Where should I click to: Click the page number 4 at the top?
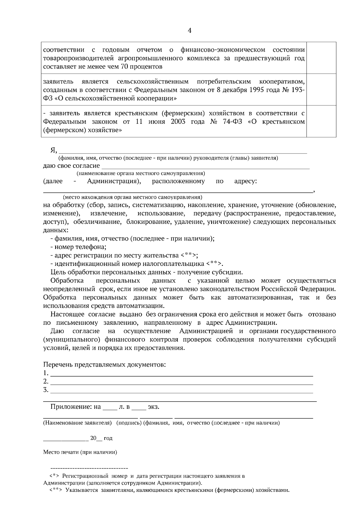pyautogui.click(x=189, y=31)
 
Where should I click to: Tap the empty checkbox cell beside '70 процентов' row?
pyautogui.click(x=321, y=58)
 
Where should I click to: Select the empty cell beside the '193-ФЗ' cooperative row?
pyautogui.click(x=321, y=89)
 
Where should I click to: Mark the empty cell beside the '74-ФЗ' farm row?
pyautogui.click(x=321, y=121)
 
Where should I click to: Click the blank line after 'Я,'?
pyautogui.click(x=183, y=151)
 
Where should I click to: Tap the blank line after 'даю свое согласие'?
pyautogui.click(x=205, y=166)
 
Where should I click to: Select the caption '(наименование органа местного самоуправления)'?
pyautogui.click(x=141, y=173)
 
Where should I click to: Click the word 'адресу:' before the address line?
pyautogui.click(x=246, y=181)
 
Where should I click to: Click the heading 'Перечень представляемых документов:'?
pyautogui.click(x=105, y=365)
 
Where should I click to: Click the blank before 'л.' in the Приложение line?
pyautogui.click(x=110, y=408)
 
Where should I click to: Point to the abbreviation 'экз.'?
pyautogui.click(x=153, y=407)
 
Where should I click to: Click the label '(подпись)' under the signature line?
pyautogui.click(x=129, y=423)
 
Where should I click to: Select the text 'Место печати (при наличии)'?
pyautogui.click(x=80, y=452)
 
